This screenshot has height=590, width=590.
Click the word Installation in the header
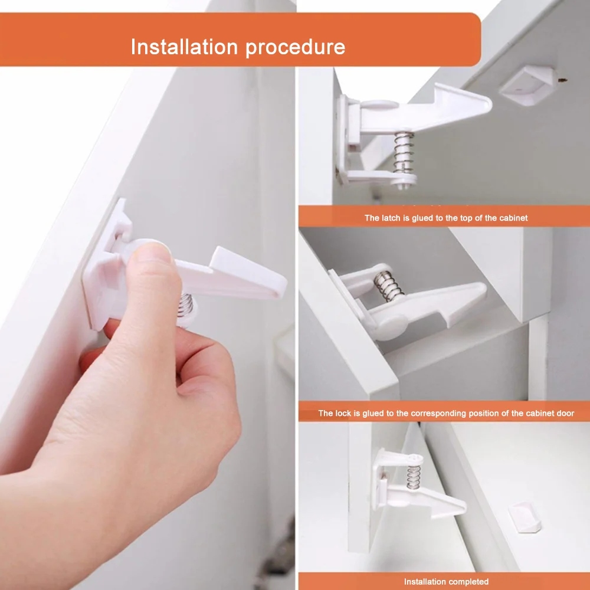point(184,47)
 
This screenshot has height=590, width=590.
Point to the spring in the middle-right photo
point(388,286)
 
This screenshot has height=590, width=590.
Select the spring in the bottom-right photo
point(413,477)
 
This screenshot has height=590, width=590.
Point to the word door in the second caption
point(566,413)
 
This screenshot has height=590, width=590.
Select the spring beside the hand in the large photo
point(185,304)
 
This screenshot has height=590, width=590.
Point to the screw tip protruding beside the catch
point(562,80)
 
